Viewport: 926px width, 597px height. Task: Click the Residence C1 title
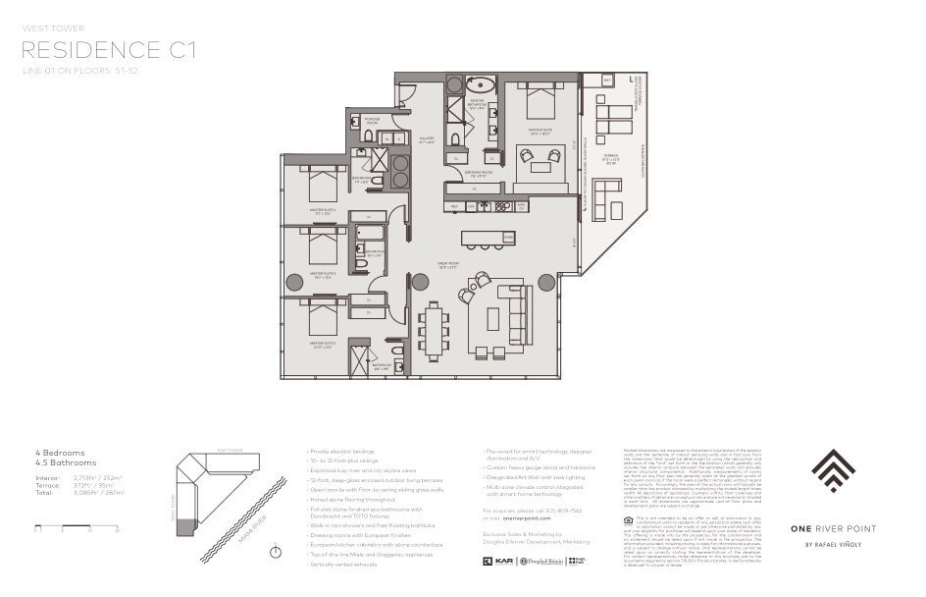pyautogui.click(x=108, y=49)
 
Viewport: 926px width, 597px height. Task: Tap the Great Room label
pyautogui.click(x=450, y=264)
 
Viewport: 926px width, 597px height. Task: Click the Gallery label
pyautogui.click(x=426, y=139)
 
